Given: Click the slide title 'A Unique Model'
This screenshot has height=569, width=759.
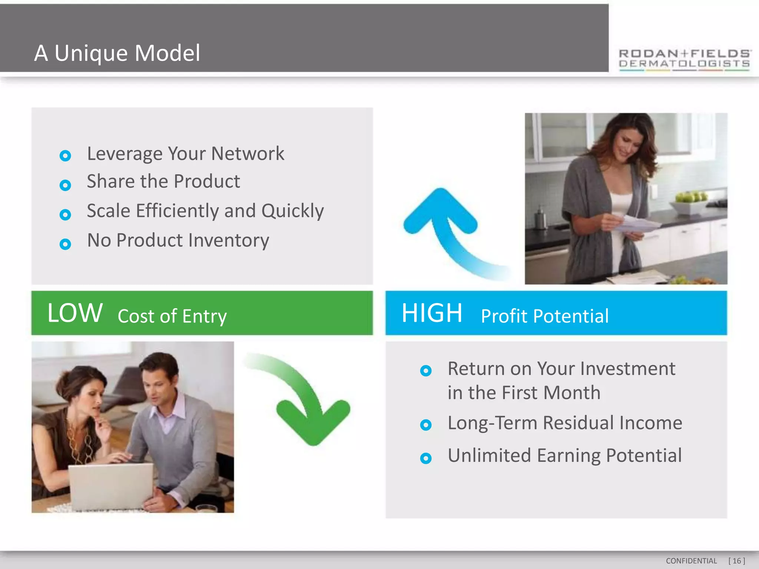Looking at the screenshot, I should tap(117, 53).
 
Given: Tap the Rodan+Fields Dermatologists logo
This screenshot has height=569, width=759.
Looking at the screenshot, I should tap(684, 59).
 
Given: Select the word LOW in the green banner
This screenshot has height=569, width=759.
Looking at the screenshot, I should tap(75, 313).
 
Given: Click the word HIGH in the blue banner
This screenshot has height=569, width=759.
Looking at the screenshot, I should tap(432, 313).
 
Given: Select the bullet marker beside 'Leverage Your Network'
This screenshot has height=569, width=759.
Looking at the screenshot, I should tap(65, 156).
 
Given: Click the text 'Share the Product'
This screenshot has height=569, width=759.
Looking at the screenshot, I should tap(163, 182).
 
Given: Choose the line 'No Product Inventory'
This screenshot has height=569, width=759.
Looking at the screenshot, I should tap(178, 240).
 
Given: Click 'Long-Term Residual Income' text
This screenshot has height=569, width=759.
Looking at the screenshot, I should tap(564, 423).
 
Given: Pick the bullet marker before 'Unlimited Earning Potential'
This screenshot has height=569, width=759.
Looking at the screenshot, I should tap(426, 458).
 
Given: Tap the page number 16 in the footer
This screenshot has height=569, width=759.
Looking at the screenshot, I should tap(736, 561).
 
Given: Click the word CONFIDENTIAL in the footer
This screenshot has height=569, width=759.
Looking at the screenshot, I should tap(691, 561).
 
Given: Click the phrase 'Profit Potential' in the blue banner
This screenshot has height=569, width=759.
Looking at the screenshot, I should tap(544, 316).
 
